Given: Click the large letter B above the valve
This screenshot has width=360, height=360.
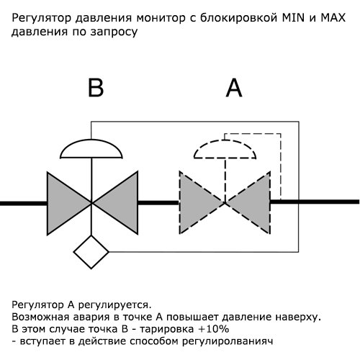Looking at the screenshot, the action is (96, 88).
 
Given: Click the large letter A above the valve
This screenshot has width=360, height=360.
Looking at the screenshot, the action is (234, 88).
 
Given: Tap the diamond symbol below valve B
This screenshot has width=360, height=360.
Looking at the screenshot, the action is (91, 252).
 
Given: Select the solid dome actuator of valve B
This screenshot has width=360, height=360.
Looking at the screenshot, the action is (91, 149).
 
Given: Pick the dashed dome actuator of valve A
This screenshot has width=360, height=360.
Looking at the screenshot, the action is (225, 149).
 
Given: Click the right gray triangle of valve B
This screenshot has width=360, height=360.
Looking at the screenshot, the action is (117, 203).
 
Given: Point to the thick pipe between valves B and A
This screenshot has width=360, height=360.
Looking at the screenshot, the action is (158, 203).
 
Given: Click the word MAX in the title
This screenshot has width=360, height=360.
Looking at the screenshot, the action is (333, 18).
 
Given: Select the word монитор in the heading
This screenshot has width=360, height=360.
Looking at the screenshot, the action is (161, 18).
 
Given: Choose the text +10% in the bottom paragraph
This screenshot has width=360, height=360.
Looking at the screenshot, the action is (214, 329).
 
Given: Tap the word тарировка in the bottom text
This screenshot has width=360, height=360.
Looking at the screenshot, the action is (166, 329).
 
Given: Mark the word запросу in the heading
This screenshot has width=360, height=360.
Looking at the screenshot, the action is (114, 32).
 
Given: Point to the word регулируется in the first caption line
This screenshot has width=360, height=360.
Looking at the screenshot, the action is (115, 305).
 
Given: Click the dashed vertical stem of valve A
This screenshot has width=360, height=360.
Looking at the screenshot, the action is (225, 180).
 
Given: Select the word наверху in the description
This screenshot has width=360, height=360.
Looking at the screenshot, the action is (298, 318).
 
